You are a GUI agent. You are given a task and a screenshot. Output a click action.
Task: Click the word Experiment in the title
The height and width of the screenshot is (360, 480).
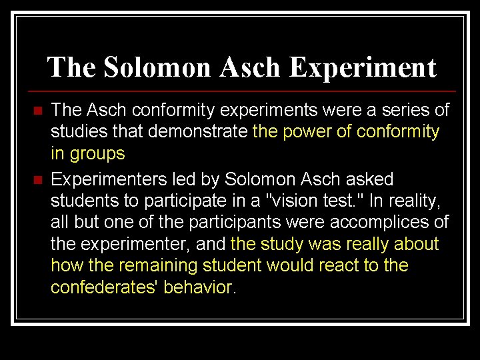click(x=363, y=67)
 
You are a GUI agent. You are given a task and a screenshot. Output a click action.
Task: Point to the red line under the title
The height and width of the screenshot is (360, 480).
click(x=240, y=91)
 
